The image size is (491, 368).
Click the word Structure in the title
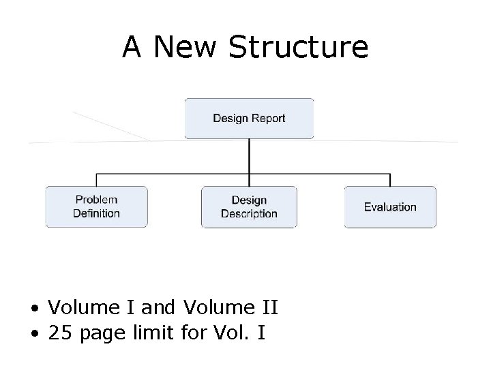299,47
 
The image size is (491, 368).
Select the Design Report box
249,119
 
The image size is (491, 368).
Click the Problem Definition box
96,206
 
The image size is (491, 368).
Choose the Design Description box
249,206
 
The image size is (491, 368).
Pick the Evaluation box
390,206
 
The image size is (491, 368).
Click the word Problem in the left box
96,200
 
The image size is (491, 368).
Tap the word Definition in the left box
96,213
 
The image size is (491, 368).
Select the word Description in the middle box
249,214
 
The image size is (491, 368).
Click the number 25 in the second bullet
59,333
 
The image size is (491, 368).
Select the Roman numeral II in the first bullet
269,309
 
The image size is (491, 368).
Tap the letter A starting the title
132,47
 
